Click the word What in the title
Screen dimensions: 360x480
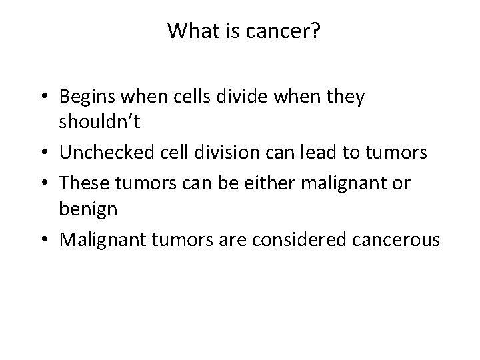[188, 31]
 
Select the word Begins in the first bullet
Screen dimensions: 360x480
[85, 97]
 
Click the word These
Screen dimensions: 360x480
[79, 182]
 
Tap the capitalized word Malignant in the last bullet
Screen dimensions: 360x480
[100, 239]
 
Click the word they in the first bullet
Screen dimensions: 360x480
[347, 97]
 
